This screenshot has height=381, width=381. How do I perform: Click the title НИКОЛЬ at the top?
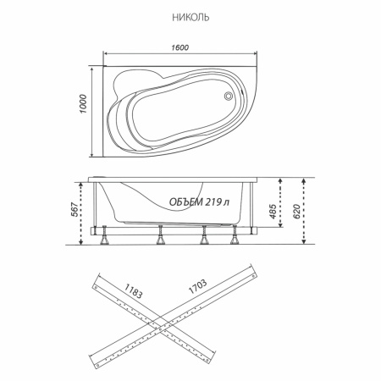(190, 18)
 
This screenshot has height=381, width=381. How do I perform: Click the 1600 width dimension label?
(180, 47)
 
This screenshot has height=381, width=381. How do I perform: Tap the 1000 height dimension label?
(83, 104)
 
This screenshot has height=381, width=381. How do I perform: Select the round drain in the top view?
(228, 96)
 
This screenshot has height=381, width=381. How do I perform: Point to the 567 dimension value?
(75, 209)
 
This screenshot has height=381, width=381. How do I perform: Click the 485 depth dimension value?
(273, 211)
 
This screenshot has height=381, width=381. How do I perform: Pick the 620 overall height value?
(296, 211)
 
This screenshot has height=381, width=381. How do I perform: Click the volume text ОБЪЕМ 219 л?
(200, 202)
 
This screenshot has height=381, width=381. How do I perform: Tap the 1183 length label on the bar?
(133, 290)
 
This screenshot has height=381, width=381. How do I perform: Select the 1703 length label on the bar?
(197, 286)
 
